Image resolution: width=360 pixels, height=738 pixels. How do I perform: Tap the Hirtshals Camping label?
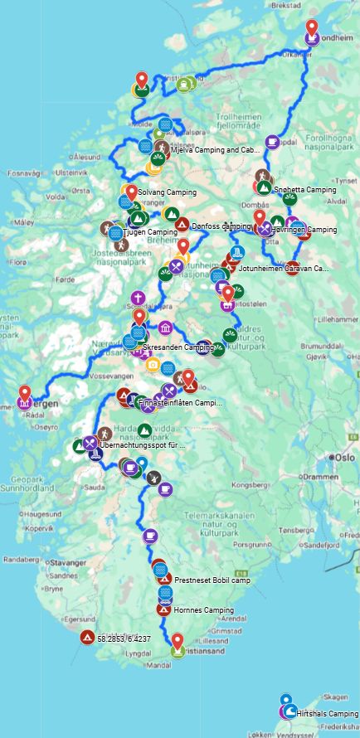click(329, 714)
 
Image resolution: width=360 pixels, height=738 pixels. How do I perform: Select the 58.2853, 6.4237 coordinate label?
click(124, 639)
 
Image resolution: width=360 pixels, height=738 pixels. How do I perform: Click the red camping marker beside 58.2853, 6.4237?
click(86, 638)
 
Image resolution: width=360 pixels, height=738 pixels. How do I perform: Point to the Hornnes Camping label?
click(203, 610)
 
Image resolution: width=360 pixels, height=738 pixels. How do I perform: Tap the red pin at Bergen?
click(25, 394)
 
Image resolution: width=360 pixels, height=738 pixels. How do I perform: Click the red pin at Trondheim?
click(311, 28)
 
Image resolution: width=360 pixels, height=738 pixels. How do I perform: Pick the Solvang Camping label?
click(167, 192)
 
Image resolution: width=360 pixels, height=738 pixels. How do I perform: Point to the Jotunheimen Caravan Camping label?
click(283, 269)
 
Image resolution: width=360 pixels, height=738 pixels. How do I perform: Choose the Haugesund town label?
click(41, 514)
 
